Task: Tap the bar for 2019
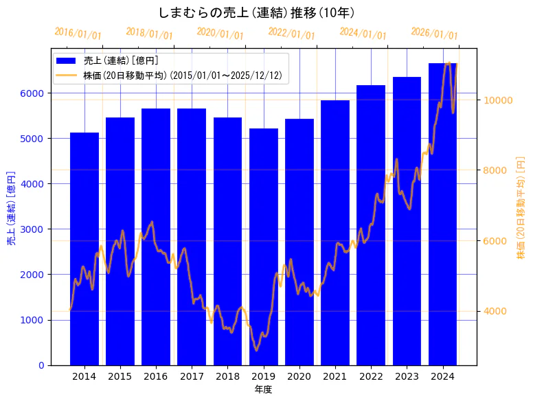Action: click(x=264, y=247)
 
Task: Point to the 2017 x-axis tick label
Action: click(x=192, y=376)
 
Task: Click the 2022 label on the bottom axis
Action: click(x=371, y=376)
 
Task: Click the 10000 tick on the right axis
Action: click(x=498, y=100)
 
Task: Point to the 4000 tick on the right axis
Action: click(x=495, y=312)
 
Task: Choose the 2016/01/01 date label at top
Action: click(x=78, y=34)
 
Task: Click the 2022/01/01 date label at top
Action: click(x=291, y=34)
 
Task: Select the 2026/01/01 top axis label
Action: click(x=434, y=34)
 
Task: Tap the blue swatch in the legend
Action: click(x=67, y=61)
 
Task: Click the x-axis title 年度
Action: click(x=263, y=389)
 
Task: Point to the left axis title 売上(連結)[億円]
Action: click(x=11, y=207)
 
